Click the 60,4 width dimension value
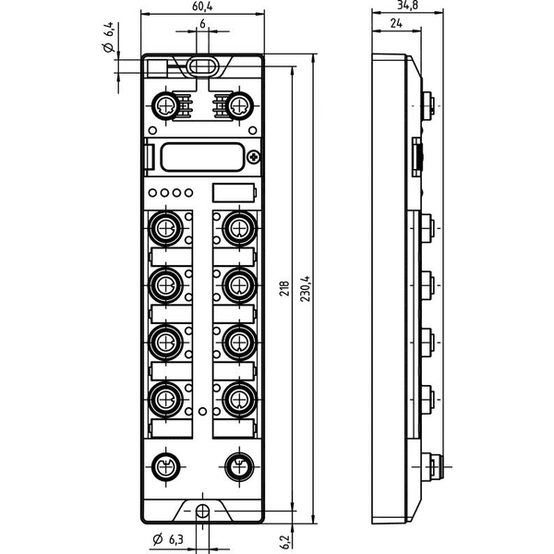[202, 6]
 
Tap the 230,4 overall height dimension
[306, 289]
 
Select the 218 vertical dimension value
[284, 288]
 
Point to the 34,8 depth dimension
[408, 5]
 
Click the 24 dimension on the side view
[396, 23]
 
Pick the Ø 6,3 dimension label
[168, 539]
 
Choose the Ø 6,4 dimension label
[108, 38]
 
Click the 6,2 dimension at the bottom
[285, 542]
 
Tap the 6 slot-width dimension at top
[202, 24]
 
